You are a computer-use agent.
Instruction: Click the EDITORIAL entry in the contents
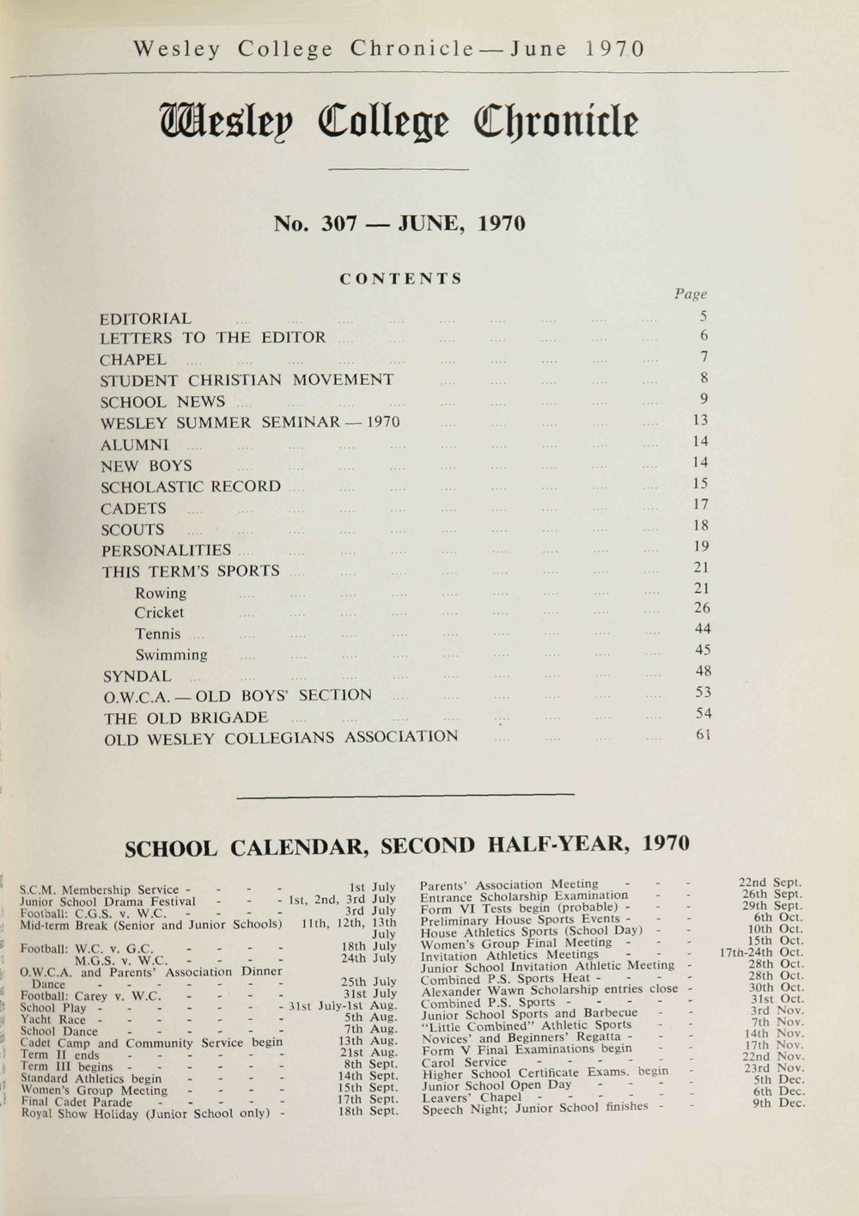click(146, 319)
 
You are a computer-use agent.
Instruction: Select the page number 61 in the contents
click(703, 735)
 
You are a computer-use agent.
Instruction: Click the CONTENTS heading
click(401, 279)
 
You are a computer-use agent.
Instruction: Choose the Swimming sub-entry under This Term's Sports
click(171, 655)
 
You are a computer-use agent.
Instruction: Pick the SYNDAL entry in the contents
click(137, 676)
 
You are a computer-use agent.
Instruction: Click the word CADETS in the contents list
click(133, 509)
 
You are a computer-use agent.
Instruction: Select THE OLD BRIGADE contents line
click(186, 718)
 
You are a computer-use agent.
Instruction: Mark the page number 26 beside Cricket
click(702, 608)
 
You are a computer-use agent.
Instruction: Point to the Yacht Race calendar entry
click(53, 1020)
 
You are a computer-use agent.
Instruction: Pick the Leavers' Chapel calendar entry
click(471, 1097)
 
